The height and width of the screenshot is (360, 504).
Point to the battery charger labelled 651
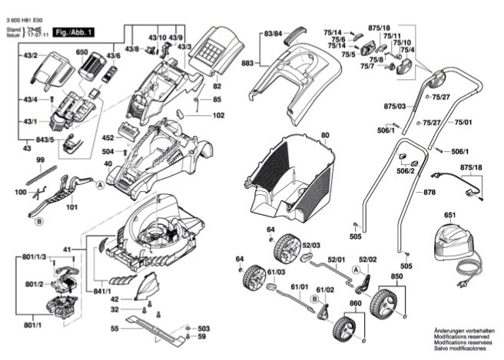pos(449,239)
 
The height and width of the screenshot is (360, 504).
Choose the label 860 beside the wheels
pos(355,304)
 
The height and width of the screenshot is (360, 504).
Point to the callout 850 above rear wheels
pos(396,276)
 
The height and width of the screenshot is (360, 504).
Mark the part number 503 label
pos(203,328)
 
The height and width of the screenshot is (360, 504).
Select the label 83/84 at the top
pos(274,35)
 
